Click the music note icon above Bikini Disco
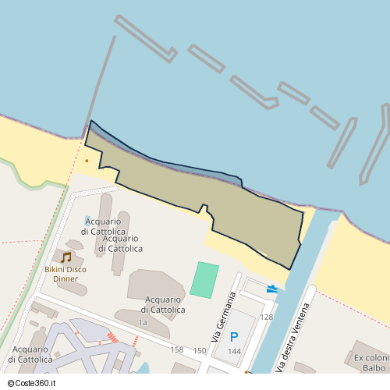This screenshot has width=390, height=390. click(x=66, y=257)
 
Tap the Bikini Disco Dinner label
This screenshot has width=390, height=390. click(x=66, y=274)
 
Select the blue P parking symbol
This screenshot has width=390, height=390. click(x=234, y=338)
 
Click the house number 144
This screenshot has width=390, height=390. click(x=234, y=352)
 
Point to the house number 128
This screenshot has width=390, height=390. click(x=267, y=317)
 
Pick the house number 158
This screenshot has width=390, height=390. click(x=177, y=349)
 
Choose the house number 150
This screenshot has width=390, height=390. click(x=200, y=351)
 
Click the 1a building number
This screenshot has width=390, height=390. click(x=142, y=322)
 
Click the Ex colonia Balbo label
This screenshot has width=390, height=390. click(x=370, y=363)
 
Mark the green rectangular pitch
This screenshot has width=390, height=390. click(x=204, y=279)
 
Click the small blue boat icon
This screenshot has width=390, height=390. click(x=271, y=288)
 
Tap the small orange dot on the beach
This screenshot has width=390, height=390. click(x=87, y=161)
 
